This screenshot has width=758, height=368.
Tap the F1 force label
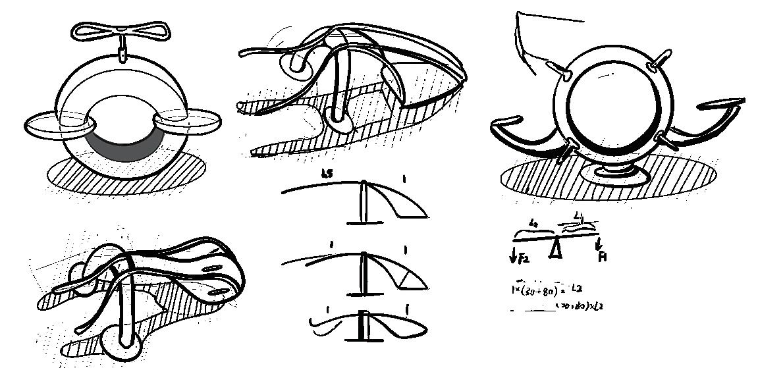tap(601, 255)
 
